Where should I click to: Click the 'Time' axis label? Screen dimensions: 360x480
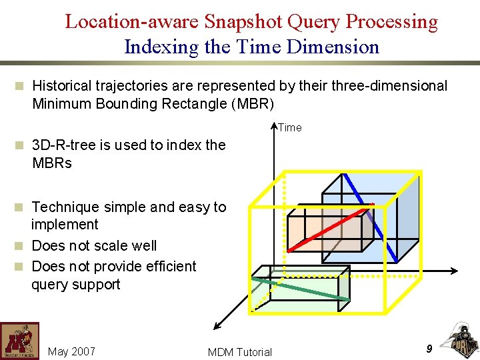pyautogui.click(x=290, y=127)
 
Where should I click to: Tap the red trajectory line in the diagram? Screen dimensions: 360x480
pyautogui.click(x=327, y=227)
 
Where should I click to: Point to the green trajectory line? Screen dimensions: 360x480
pyautogui.click(x=300, y=288)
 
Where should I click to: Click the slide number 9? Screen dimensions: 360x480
pyautogui.click(x=429, y=348)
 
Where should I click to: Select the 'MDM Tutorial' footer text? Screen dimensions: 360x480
pyautogui.click(x=240, y=352)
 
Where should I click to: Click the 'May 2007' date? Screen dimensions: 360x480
pyautogui.click(x=72, y=351)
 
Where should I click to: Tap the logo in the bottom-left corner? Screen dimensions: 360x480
pyautogui.click(x=19, y=341)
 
